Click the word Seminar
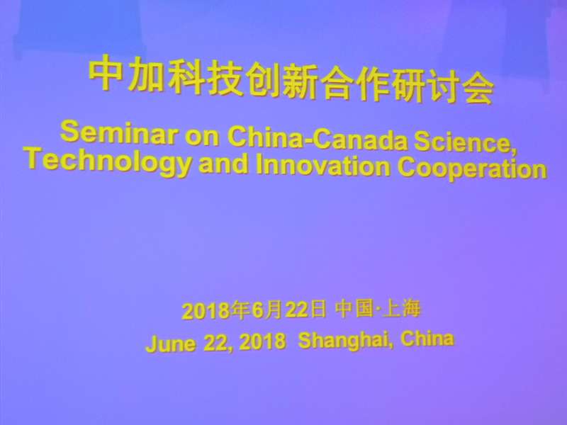click(x=119, y=132)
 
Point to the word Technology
click(x=108, y=161)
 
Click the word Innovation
click(x=322, y=165)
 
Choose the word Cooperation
click(x=472, y=168)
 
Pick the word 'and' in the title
click(x=223, y=164)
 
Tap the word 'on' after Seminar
click(x=202, y=136)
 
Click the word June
click(x=171, y=343)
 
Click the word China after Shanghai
click(x=427, y=339)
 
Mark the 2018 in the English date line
click(x=262, y=341)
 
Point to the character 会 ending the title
click(x=478, y=90)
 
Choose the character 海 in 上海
click(x=410, y=308)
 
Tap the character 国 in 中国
click(x=364, y=308)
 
